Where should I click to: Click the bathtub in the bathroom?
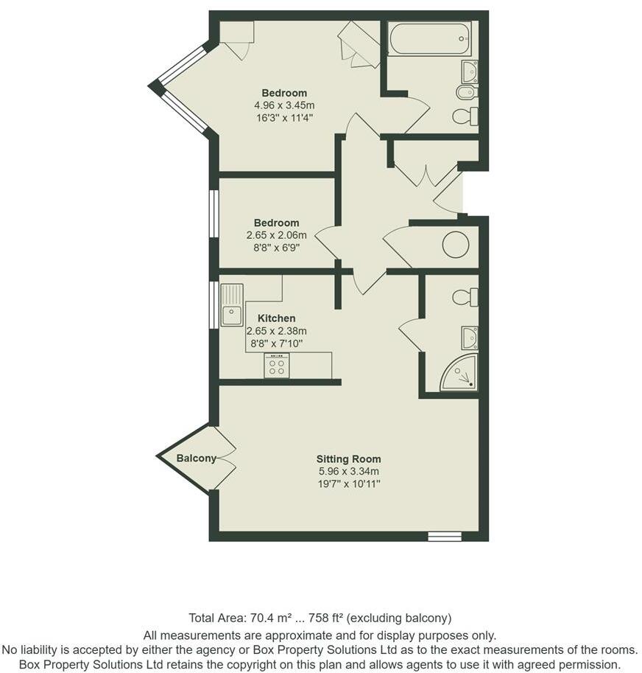coord(429,38)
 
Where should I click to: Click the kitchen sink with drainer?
coord(232,305)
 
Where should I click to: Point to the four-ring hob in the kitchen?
coord(277,366)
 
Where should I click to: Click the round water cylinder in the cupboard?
coord(456,245)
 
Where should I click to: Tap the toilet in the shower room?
coord(465,297)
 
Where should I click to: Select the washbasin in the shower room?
coord(470,338)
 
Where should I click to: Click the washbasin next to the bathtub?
coord(469,72)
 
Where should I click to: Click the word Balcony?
coord(196,458)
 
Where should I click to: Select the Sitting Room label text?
coord(349,459)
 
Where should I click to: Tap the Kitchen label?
coord(276,318)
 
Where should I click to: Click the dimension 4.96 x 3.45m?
coord(284,105)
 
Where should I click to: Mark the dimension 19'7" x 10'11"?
coord(349,484)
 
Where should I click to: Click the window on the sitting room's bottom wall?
coord(444,537)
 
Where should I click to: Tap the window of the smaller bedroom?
coord(214,214)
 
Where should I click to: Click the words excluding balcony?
coord(409,618)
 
